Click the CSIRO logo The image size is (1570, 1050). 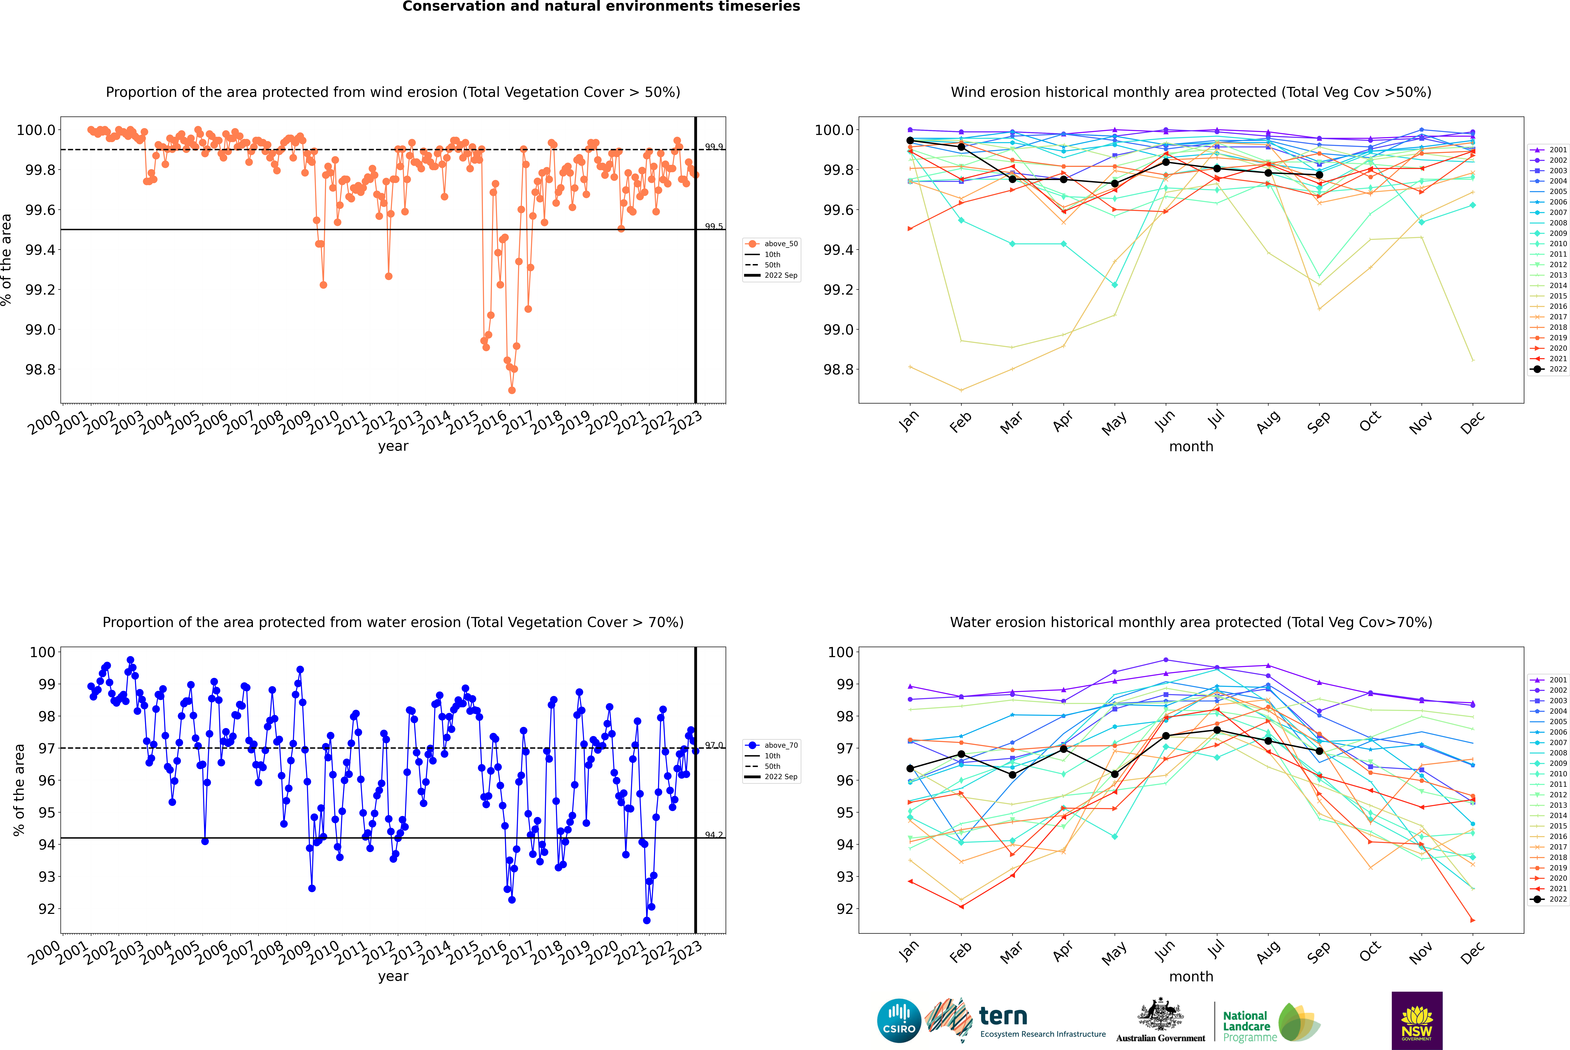pos(899,1021)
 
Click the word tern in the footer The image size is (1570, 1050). pos(1002,1016)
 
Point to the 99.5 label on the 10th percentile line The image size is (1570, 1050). pos(713,226)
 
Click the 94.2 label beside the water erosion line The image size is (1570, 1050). pos(713,835)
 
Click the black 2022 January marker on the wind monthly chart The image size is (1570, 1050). pos(910,141)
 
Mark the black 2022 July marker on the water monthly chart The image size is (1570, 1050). pos(1217,730)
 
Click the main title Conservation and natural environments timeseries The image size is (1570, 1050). pos(601,7)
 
